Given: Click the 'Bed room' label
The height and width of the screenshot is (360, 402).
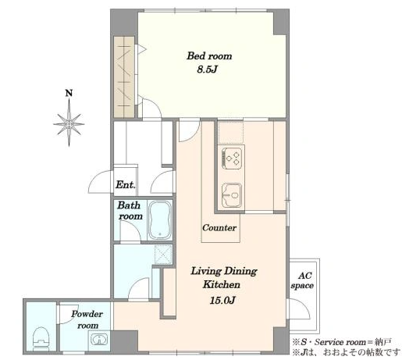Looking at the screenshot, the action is point(209,56).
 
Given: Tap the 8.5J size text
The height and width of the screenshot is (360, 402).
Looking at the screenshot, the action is point(207,70).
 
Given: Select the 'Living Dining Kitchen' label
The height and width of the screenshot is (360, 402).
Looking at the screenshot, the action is point(223,278).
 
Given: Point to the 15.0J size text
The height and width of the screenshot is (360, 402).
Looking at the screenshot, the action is point(222,301).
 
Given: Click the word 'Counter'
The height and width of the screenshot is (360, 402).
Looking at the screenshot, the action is point(219,228).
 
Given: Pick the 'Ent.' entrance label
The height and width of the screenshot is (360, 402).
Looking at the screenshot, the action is point(126,185).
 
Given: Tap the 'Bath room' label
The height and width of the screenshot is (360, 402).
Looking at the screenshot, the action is point(130,211).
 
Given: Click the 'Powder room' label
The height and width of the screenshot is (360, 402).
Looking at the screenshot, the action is point(87,319).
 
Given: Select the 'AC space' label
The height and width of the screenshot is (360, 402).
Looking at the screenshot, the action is point(302,280).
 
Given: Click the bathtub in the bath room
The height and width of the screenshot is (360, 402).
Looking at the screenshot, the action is point(160,220).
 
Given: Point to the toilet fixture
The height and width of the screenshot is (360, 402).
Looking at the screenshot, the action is point(41,337).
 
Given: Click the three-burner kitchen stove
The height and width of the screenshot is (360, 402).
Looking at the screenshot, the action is point(232,158).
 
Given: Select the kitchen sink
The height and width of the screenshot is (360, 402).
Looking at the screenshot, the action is point(232,195).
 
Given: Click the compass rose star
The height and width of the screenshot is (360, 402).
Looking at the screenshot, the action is point(69,124).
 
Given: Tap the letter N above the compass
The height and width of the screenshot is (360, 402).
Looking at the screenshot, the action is point(69,93).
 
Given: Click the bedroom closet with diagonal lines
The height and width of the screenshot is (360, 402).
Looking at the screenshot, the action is point(124,77).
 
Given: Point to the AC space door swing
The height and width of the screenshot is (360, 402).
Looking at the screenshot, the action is point(299,308).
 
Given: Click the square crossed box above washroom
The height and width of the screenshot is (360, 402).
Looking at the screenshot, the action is point(163,255).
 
